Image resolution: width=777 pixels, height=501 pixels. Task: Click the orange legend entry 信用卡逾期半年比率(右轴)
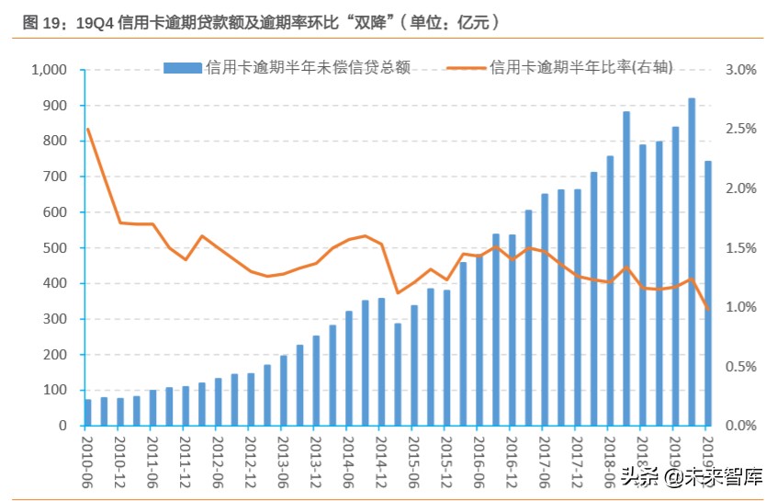[x=560, y=67]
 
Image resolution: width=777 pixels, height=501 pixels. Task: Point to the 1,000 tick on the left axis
[x=49, y=70]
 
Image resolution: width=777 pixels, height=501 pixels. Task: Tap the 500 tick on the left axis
[x=55, y=248]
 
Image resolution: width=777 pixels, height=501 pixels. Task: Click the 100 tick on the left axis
[x=55, y=391]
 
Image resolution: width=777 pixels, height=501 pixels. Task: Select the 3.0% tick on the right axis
[x=739, y=70]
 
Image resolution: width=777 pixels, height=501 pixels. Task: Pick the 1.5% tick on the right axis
[x=739, y=248]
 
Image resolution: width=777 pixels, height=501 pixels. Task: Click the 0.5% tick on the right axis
[x=739, y=367]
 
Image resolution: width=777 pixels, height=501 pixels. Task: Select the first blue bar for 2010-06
[x=88, y=413]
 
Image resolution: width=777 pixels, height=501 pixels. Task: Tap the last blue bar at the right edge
[x=708, y=294]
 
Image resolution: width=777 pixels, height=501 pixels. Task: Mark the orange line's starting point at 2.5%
[x=88, y=129]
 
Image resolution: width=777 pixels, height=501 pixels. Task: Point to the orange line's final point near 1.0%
[x=708, y=309]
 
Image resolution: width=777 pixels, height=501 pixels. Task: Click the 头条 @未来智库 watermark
[x=692, y=475]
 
